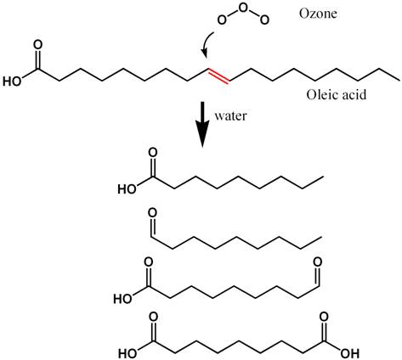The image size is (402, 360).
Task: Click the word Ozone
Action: click(318, 14)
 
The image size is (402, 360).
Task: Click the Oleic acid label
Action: click(337, 94)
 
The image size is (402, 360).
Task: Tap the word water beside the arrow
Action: click(230, 115)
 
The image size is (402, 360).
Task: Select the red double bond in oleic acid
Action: click(218, 76)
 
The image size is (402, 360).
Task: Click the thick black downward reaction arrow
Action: click(202, 125)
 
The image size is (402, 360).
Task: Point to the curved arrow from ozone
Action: click(207, 45)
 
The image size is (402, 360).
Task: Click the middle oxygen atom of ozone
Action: click(243, 8)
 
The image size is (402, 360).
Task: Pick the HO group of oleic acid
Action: click(12, 82)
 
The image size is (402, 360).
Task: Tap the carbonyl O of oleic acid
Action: click(37, 45)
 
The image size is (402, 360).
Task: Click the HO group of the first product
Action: click(127, 189)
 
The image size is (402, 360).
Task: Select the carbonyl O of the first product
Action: click(153, 153)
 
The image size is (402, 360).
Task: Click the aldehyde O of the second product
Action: click(152, 213)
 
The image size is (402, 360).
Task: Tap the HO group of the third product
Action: click(123, 299)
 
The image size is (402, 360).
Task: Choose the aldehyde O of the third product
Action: click(317, 262)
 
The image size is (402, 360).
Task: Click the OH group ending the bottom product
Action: click(350, 353)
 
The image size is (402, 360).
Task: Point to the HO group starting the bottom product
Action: click(127, 353)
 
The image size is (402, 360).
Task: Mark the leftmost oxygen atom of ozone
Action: click(222, 20)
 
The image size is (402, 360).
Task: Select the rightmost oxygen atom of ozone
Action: click(264, 20)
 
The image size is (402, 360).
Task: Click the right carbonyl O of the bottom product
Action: click(324, 317)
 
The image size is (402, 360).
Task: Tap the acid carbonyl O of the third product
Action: click(149, 262)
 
